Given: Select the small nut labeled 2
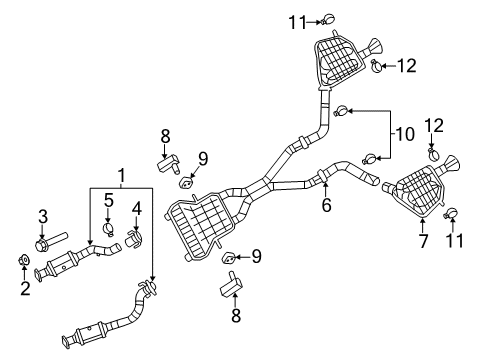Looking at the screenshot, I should pyautogui.click(x=24, y=262).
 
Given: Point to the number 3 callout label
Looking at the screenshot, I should pyautogui.click(x=42, y=216).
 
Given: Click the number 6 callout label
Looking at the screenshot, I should pyautogui.click(x=326, y=206).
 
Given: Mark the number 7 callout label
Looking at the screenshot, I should pyautogui.click(x=421, y=240).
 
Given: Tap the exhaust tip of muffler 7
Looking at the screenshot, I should pyautogui.click(x=455, y=164).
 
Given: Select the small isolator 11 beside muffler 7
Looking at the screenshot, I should pyautogui.click(x=450, y=210).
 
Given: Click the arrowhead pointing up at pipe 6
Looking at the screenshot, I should pyautogui.click(x=326, y=182).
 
